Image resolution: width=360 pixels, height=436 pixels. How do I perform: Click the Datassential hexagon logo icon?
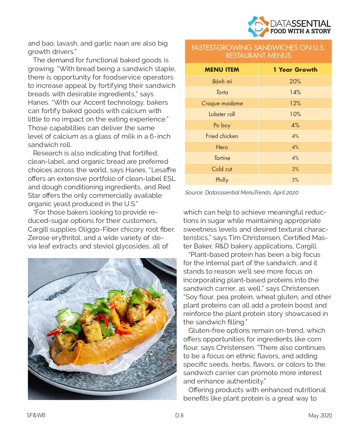coord(257,27)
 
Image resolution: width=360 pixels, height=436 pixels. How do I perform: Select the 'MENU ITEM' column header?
coord(222,70)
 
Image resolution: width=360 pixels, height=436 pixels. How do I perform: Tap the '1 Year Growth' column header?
coord(295,70)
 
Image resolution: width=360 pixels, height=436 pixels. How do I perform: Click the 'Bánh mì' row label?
coord(222,81)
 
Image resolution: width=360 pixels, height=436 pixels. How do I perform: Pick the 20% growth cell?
coord(295,81)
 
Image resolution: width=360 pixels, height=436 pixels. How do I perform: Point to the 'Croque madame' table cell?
coord(222,103)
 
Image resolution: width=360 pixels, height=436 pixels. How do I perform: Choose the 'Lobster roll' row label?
coord(222,114)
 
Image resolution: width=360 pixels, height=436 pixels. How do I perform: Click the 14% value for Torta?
coord(295,92)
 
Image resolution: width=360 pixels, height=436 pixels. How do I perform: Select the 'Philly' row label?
coord(222,180)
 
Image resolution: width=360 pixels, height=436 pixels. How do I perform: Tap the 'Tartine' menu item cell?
coord(222,158)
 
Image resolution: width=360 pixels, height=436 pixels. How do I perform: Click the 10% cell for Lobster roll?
coord(295,114)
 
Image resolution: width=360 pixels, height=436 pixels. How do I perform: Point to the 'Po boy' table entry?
coord(222,125)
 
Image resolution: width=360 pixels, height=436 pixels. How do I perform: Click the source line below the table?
coord(241,193)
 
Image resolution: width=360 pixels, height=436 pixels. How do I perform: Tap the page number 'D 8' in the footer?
coord(179,416)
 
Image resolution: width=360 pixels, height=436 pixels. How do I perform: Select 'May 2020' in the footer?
coord(320,416)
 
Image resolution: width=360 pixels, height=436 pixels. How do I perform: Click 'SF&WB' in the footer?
coord(36,415)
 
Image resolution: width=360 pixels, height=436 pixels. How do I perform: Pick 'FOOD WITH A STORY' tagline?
coord(300,31)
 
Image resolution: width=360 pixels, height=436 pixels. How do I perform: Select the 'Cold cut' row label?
coord(222,169)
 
